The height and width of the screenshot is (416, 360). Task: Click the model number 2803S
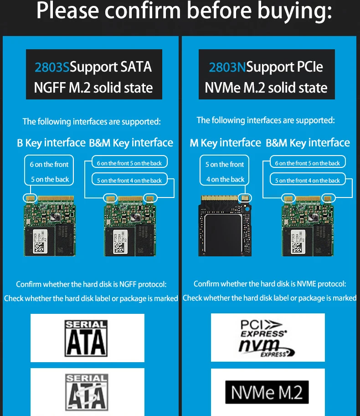click(52, 67)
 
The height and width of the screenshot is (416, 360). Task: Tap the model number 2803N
click(227, 67)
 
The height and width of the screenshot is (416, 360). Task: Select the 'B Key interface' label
click(51, 143)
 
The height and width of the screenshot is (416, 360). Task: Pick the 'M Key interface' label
click(225, 143)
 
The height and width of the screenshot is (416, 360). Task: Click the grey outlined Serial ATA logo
click(87, 392)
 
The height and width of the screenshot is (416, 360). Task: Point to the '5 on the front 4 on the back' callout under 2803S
click(129, 180)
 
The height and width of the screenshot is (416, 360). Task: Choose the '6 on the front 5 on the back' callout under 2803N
click(308, 163)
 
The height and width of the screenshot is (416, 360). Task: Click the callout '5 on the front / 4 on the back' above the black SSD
click(225, 172)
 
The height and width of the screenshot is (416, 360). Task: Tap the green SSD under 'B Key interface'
click(49, 226)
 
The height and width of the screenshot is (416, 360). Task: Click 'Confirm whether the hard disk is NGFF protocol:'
click(91, 284)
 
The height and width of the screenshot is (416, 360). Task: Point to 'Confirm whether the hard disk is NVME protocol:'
click(270, 284)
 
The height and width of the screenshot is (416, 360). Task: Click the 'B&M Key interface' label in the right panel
click(308, 143)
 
